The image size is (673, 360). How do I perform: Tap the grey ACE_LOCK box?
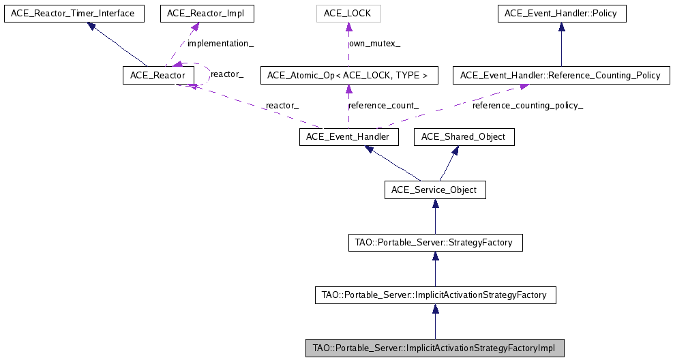(x=348, y=14)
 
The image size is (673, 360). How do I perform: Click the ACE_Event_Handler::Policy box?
(x=561, y=14)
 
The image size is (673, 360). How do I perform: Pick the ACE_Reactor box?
(x=154, y=75)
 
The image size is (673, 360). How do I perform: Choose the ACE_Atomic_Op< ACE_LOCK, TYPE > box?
(x=348, y=75)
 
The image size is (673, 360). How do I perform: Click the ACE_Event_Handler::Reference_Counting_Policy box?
(x=561, y=75)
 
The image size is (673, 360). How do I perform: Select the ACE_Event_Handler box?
(x=348, y=137)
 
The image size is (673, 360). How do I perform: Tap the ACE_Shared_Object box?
(x=464, y=137)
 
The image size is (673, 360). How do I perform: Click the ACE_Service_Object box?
(x=435, y=190)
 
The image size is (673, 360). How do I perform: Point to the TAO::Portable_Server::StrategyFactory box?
(x=435, y=242)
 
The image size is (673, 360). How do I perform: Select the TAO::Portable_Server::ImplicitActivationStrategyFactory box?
(x=435, y=295)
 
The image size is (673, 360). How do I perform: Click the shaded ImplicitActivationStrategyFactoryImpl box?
(x=435, y=348)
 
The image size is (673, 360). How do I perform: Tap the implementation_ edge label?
(x=220, y=44)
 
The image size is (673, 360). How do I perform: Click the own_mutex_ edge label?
(x=375, y=44)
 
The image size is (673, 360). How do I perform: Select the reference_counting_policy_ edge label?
(x=528, y=106)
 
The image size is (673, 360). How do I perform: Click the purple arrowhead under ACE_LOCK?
(x=348, y=27)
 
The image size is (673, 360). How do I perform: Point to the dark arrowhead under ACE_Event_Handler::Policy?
(x=561, y=27)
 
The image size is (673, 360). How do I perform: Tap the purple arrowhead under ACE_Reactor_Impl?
(x=195, y=27)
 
